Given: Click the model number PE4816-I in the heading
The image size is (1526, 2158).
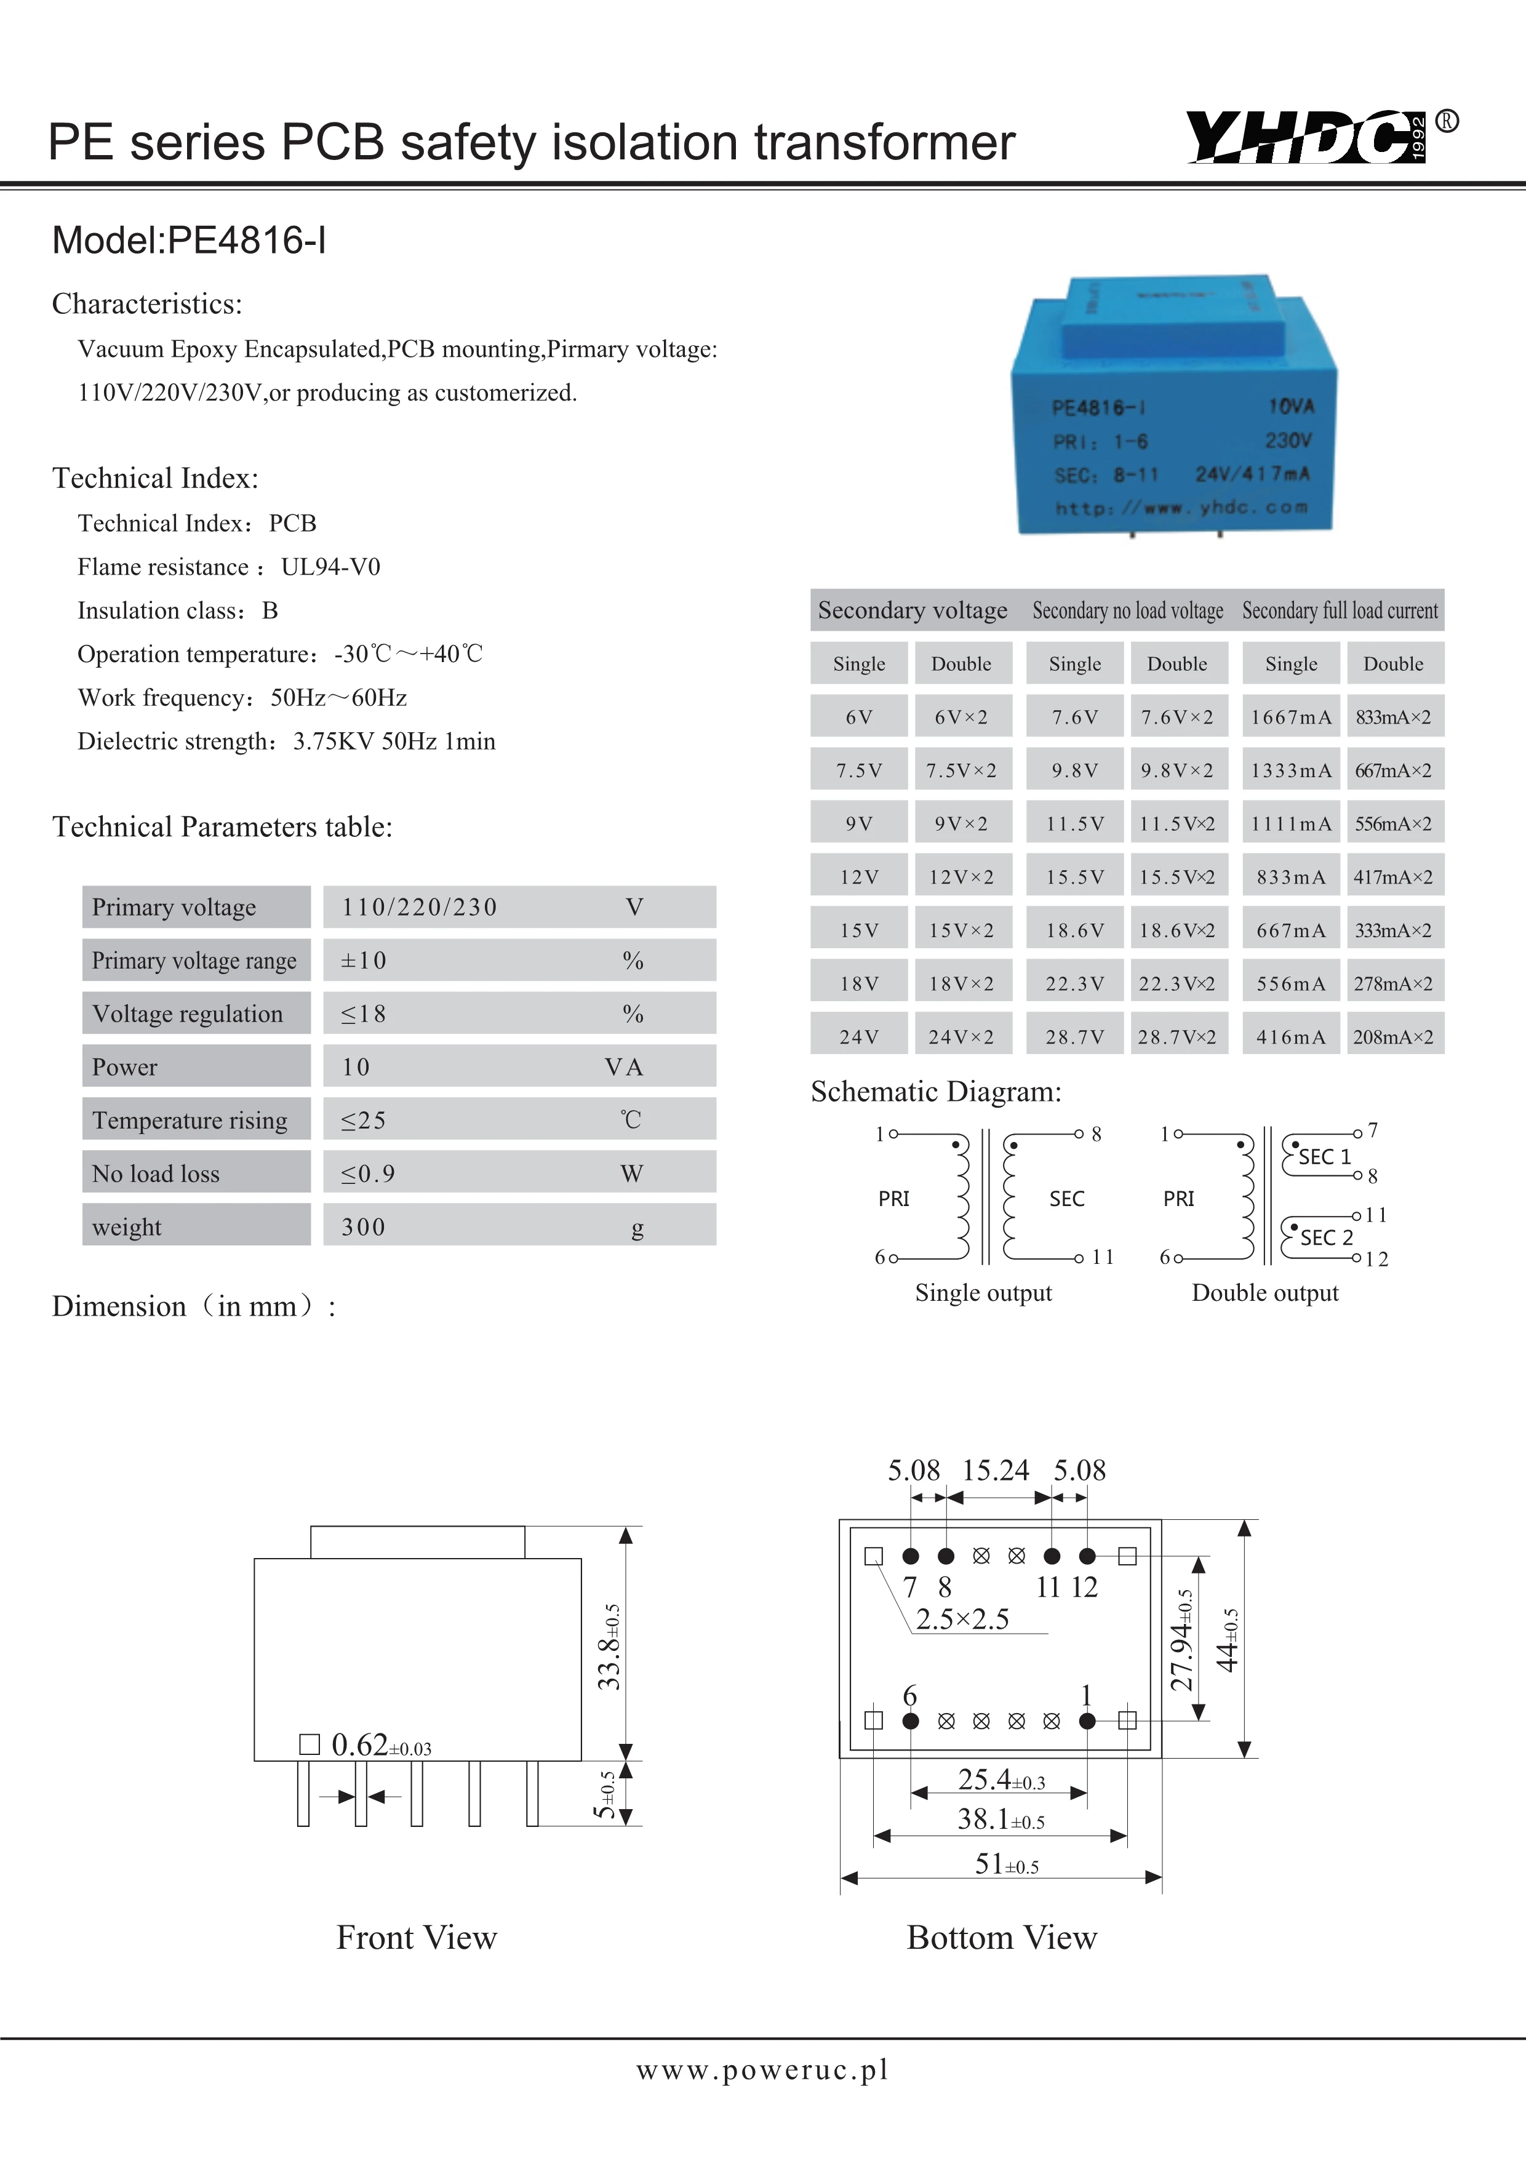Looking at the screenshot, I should tap(246, 241).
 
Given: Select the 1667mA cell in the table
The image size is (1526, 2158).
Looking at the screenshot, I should tap(1291, 717).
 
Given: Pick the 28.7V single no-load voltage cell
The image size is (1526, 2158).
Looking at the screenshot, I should tap(1075, 1037).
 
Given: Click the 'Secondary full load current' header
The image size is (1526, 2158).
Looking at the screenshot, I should tap(1340, 611).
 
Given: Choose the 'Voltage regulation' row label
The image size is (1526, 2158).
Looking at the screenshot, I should tap(188, 1014).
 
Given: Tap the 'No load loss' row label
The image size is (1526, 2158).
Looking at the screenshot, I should tap(156, 1174).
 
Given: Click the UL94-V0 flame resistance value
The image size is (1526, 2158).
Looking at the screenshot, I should tap(331, 567).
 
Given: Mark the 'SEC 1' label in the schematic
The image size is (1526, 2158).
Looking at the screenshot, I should tap(1324, 1157).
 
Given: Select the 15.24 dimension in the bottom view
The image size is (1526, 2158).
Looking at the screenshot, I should tap(995, 1470).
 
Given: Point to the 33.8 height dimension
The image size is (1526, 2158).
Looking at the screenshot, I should tap(610, 1647).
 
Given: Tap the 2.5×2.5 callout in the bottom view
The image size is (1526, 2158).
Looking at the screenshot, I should tap(962, 1618).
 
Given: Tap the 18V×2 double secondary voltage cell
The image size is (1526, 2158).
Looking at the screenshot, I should tap(961, 984).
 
